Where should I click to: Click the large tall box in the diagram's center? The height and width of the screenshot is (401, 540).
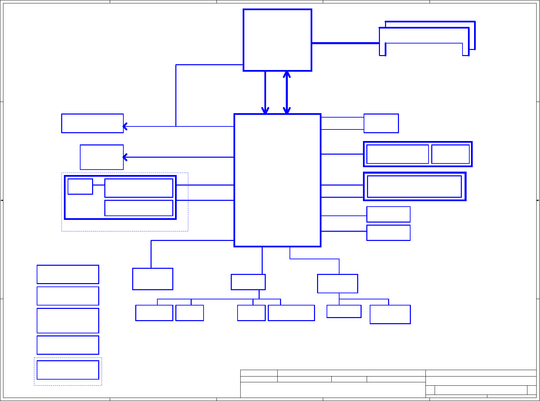[x=277, y=180]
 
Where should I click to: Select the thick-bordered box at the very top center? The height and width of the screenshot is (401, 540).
[x=277, y=40]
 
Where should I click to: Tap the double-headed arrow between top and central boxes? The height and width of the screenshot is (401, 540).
[x=287, y=92]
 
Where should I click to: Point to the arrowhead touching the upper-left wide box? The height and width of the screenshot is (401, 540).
[x=125, y=126]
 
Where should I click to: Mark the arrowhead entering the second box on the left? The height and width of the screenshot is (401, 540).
[x=125, y=157]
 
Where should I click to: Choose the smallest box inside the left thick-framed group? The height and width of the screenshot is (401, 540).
[x=80, y=187]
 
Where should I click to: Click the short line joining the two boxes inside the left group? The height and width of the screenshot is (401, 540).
[x=99, y=185]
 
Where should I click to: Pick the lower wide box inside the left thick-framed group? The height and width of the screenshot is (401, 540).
[x=139, y=208]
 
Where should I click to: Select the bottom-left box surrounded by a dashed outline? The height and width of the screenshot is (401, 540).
[x=68, y=370]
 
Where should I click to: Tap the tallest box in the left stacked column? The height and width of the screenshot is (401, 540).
[x=68, y=320]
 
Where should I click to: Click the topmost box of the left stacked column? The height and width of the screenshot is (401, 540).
[x=68, y=274]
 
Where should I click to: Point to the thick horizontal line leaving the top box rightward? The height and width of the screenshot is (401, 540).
[x=345, y=43]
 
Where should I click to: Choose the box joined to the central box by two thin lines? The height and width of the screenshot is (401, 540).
[x=381, y=123]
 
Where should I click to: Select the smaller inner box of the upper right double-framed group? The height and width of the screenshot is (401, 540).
[x=450, y=154]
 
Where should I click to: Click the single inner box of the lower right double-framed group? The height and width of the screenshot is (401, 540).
[x=414, y=187]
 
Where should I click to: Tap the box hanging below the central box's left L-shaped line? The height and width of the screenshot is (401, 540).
[x=153, y=279]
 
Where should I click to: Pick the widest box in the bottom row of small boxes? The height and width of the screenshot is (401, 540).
[x=291, y=313]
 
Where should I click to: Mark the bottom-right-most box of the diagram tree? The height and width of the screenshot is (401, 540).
[x=390, y=314]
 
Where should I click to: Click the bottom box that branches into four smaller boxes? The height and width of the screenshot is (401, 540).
[x=248, y=282]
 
